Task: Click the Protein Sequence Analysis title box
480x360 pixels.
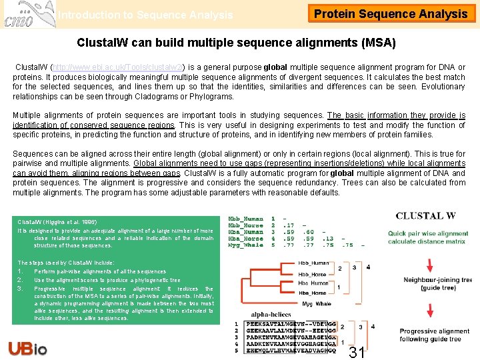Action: click(391, 14)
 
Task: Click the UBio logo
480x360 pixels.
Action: click(27, 347)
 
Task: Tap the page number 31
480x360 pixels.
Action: click(357, 351)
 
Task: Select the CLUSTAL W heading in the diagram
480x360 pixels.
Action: click(425, 216)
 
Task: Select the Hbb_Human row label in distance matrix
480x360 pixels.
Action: click(245, 219)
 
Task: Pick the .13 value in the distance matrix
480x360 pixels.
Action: click(327, 239)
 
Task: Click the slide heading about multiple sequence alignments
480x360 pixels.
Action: click(236, 43)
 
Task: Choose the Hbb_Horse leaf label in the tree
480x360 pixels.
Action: click(312, 275)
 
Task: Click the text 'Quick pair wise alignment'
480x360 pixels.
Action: click(429, 233)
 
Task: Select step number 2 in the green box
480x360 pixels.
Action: click(21, 281)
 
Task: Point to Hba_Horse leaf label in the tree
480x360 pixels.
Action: click(312, 293)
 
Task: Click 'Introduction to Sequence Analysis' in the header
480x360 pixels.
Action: click(145, 15)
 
